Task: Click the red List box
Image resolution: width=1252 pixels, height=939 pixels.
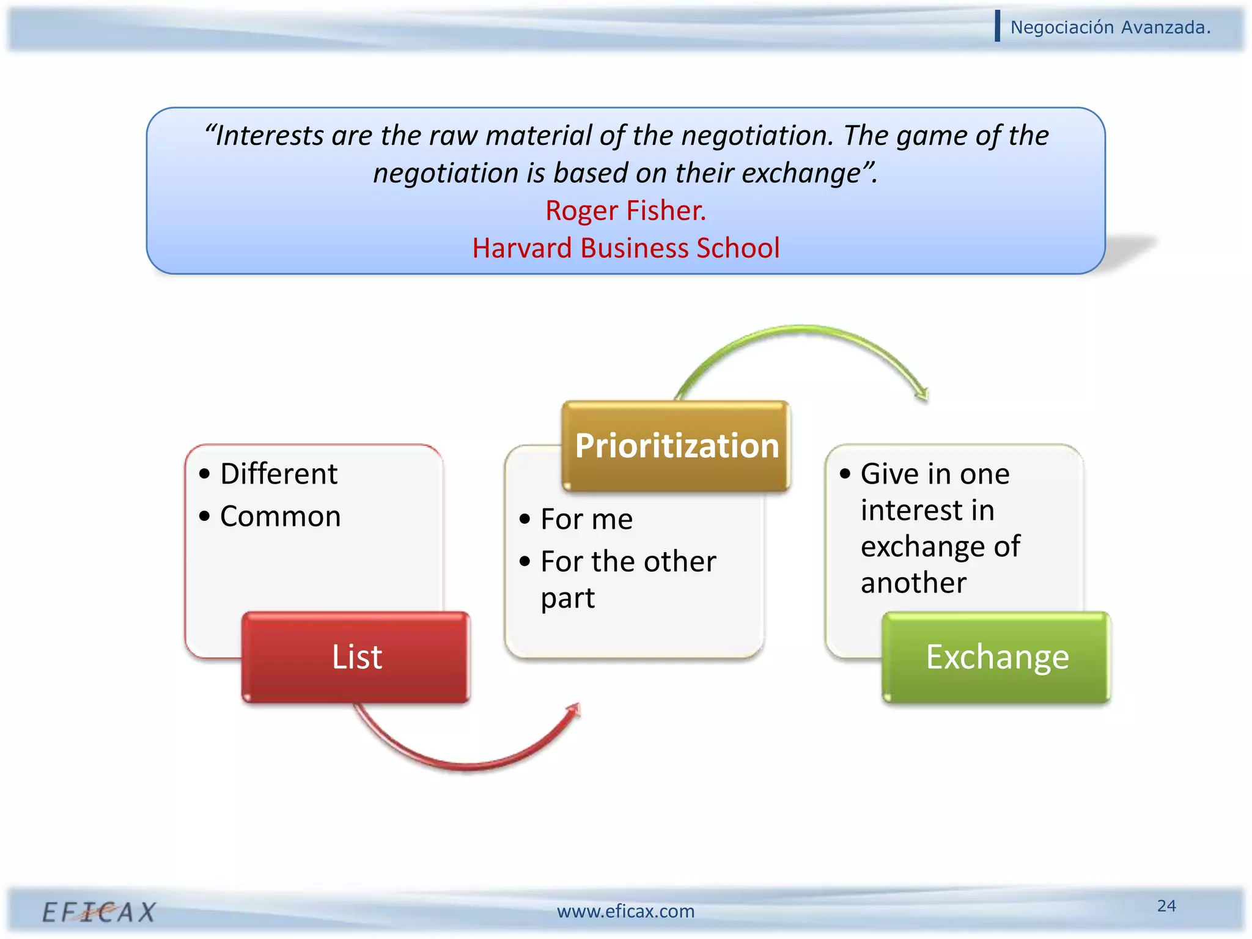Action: point(356,657)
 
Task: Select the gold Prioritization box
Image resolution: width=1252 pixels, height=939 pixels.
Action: point(677,446)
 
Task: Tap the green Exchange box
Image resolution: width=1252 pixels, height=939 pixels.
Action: point(996,657)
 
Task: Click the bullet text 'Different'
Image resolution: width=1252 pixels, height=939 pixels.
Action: point(279,474)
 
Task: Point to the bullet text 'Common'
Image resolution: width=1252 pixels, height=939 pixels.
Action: point(280,517)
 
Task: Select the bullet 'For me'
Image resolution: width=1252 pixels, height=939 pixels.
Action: point(586,519)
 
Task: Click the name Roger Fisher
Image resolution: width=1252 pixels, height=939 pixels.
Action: point(625,211)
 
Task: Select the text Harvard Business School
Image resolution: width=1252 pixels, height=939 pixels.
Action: point(625,248)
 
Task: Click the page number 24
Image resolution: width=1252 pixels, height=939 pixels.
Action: point(1166,905)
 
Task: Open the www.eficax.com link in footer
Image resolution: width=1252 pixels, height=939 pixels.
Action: point(625,911)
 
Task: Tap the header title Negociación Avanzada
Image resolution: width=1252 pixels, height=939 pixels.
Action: point(1110,28)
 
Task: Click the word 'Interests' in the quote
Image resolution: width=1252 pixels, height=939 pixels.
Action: point(270,136)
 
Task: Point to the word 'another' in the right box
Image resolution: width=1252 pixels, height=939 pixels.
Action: point(913,583)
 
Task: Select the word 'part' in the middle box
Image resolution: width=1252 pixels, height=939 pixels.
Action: point(567,598)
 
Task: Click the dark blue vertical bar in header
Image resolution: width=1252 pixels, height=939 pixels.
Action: point(998,26)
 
